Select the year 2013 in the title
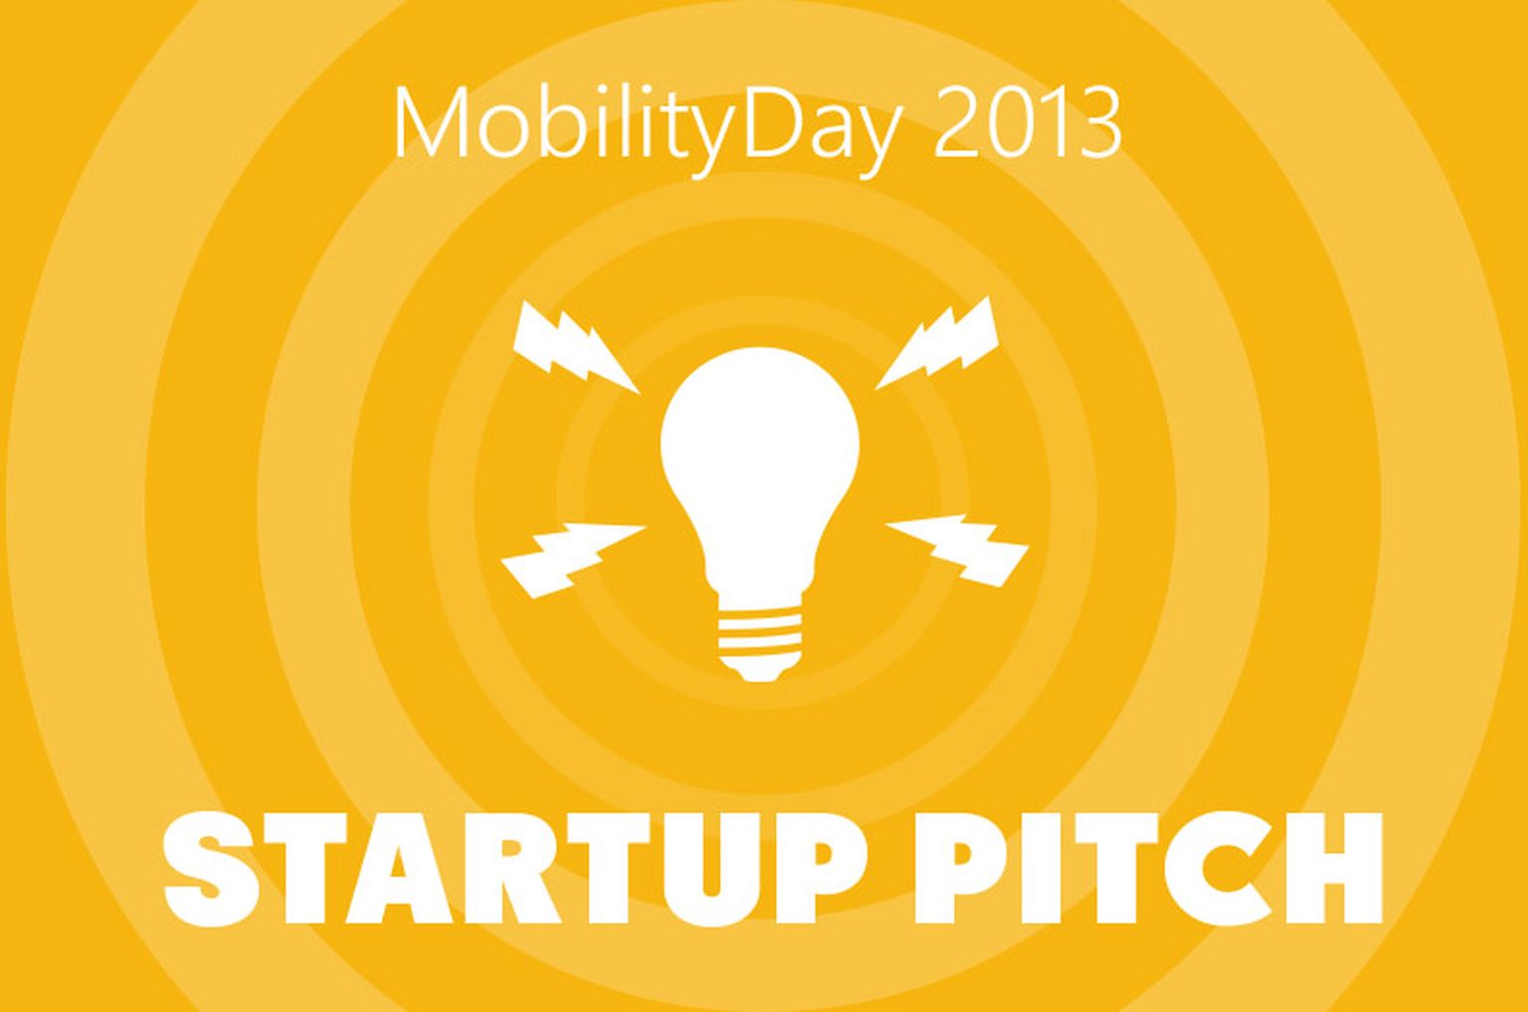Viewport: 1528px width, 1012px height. click(1027, 124)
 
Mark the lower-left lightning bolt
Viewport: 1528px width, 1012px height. click(572, 560)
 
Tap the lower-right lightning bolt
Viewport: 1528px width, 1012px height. click(958, 549)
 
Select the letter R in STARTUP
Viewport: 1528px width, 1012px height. click(514, 870)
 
